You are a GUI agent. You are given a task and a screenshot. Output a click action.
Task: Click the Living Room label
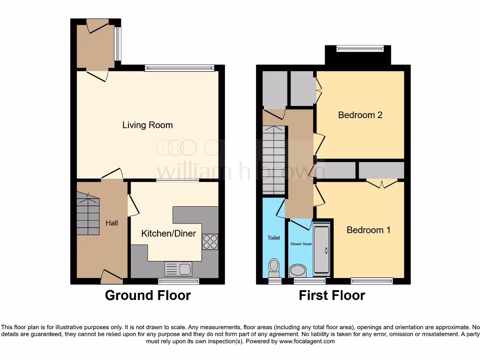(x=148, y=125)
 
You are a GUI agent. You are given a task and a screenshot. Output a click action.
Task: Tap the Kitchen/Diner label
(x=169, y=233)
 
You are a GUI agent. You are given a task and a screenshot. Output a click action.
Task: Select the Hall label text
(x=112, y=223)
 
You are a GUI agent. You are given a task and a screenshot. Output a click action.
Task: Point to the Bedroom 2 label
(x=360, y=115)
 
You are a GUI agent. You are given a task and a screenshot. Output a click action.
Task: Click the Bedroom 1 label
(x=368, y=230)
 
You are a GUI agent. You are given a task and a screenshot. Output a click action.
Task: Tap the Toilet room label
(x=274, y=238)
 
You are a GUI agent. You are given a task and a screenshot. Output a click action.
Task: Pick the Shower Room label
(x=301, y=244)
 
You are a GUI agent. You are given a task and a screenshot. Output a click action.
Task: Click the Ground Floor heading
(x=148, y=295)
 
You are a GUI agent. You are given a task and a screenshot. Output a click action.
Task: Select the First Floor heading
(x=332, y=295)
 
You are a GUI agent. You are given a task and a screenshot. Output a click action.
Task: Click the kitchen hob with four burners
(x=210, y=241)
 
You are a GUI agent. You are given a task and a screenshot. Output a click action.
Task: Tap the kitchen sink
(x=178, y=269)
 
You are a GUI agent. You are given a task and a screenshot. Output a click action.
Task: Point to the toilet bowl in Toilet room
(x=273, y=268)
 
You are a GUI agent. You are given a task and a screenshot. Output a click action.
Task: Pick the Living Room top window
(x=180, y=68)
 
